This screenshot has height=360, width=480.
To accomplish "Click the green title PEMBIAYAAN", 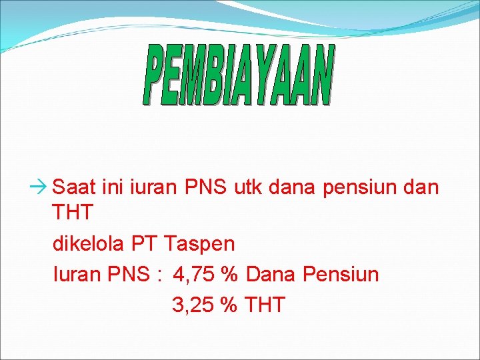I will tap(238, 76).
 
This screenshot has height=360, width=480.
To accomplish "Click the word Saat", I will tap(73, 187).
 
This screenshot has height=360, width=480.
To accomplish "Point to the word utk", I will tap(249, 187).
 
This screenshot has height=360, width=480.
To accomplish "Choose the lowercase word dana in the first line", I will tap(294, 187).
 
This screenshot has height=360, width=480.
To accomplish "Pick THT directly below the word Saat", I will tap(73, 213).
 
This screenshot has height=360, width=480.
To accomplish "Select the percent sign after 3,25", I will tap(229, 305).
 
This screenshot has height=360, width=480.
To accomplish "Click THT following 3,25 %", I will tap(265, 305).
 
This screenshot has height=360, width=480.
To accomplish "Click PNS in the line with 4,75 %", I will tap(127, 274).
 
